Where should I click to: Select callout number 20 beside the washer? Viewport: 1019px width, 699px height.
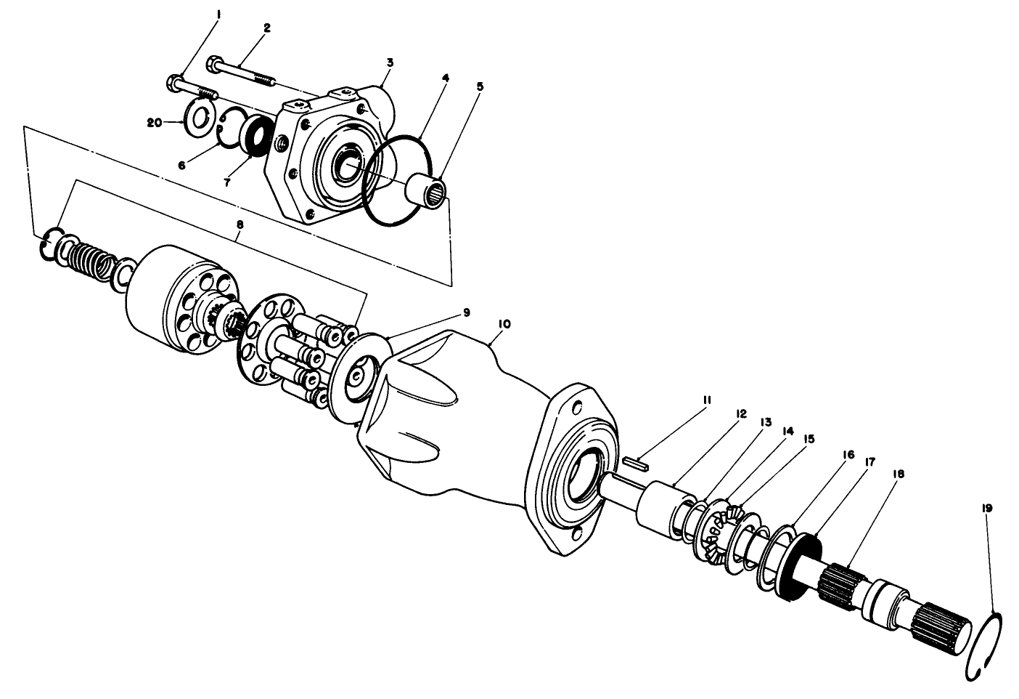tap(154, 124)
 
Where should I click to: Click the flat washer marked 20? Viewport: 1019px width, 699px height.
tap(196, 116)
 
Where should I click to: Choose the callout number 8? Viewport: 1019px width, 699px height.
tap(240, 225)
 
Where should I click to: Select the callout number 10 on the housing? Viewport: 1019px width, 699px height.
tap(505, 323)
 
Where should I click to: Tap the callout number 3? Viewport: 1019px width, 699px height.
tap(390, 63)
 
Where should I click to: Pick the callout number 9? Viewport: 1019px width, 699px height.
tap(466, 312)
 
